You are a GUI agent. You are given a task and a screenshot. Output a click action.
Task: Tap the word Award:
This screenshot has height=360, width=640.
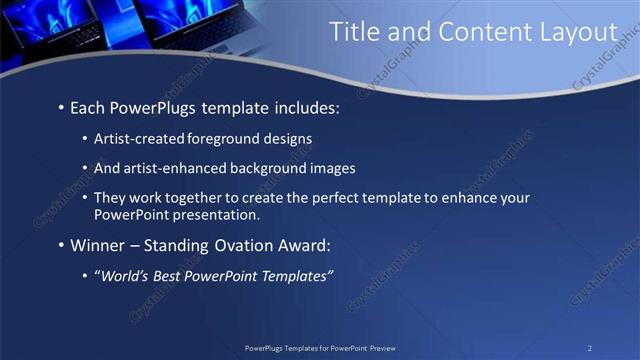pos(301,245)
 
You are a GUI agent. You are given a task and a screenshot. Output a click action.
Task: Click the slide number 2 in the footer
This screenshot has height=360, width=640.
pos(590,348)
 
